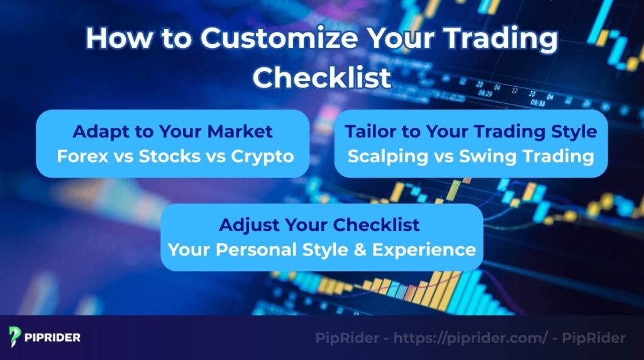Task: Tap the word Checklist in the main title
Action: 322,78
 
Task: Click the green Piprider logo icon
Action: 16,337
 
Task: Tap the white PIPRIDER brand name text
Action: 53,337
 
